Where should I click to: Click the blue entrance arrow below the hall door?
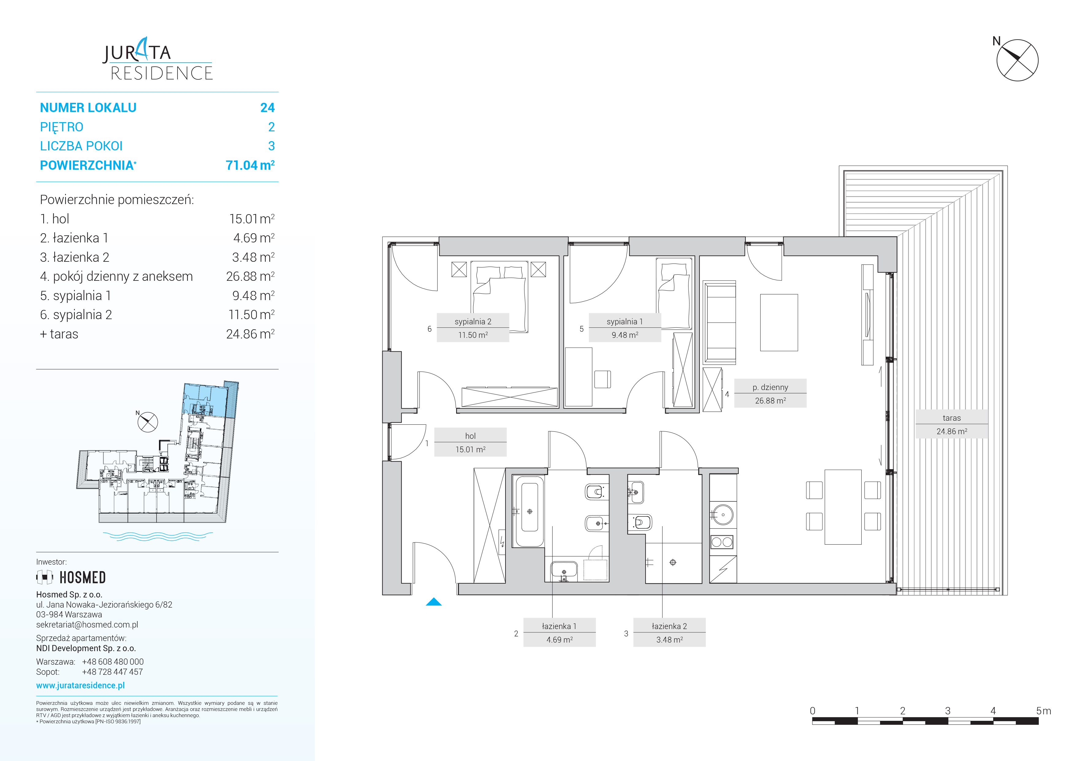[433, 602]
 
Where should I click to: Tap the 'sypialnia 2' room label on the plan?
[473, 322]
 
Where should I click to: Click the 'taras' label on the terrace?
[951, 418]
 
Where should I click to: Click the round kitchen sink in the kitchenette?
[723, 515]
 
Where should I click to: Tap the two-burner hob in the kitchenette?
[722, 542]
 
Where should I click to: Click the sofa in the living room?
[719, 323]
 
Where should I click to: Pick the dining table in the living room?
[843, 507]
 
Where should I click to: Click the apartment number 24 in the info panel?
[267, 108]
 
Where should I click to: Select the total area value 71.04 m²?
[250, 165]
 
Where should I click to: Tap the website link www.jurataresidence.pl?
[81, 685]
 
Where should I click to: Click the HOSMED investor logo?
[71, 577]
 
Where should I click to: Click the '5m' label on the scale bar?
[1044, 711]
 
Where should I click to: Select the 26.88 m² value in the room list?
[250, 276]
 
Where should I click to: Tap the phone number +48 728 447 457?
[112, 671]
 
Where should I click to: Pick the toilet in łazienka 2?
[642, 522]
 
